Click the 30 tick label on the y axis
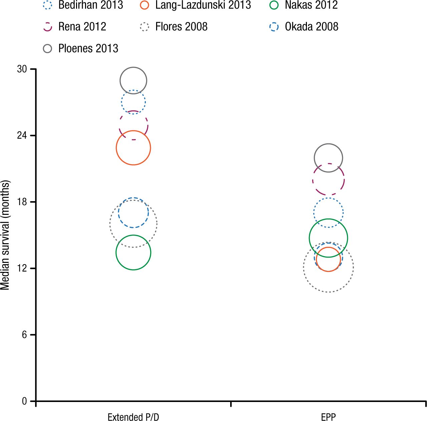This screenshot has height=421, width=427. pos(22,69)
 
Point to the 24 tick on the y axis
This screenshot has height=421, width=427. pos(22,135)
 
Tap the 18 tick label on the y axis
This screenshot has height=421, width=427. pos(22,202)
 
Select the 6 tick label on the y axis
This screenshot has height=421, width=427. pos(24,335)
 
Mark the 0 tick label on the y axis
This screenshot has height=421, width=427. pos(24,401)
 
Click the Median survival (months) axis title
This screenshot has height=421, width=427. pos(5,235)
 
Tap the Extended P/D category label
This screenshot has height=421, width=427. pos(133,417)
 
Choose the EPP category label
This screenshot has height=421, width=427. pos(328,417)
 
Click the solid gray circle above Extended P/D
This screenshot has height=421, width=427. pos(133,80)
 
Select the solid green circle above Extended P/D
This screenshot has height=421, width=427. pos(133,253)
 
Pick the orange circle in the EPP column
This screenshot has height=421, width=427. pos(328,259)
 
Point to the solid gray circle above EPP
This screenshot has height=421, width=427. pos(328,158)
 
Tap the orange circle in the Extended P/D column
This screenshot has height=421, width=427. pos(133,148)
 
